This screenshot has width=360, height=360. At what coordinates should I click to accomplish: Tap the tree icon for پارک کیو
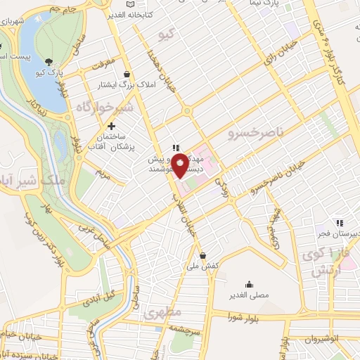click(x=49, y=61)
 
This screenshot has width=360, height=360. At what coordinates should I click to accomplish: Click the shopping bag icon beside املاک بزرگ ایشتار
click(x=127, y=74)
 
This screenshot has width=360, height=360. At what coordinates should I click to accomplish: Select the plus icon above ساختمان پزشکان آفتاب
click(x=112, y=126)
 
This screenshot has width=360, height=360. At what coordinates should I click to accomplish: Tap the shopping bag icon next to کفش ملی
click(x=203, y=255)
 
